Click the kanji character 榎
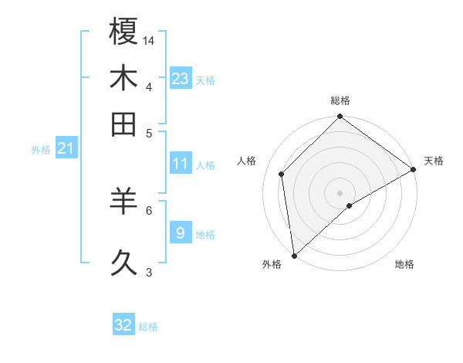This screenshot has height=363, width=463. tap(123, 32)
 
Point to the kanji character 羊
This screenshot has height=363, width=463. tap(123, 202)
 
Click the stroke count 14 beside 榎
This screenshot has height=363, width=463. tap(149, 39)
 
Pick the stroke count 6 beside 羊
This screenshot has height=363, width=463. tap(149, 209)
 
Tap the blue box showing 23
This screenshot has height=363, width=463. tap(181, 78)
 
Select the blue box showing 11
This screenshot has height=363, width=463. tap(181, 164)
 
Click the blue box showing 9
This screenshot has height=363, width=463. tap(180, 232)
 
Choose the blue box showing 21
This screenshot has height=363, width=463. tap(65, 148)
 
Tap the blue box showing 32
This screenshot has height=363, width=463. tap(123, 325)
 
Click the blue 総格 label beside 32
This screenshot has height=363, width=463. tap(149, 327)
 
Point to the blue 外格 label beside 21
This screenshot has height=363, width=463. tap(41, 150)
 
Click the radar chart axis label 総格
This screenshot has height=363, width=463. tap(340, 100)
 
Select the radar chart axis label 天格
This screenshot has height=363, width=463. tap(434, 161)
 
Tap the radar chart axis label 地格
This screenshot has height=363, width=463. tap(404, 264)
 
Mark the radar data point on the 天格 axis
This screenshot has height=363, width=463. tap(414, 169)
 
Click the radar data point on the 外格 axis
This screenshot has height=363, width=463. tap(294, 255)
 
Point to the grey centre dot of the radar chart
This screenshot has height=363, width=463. tap(340, 192)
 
